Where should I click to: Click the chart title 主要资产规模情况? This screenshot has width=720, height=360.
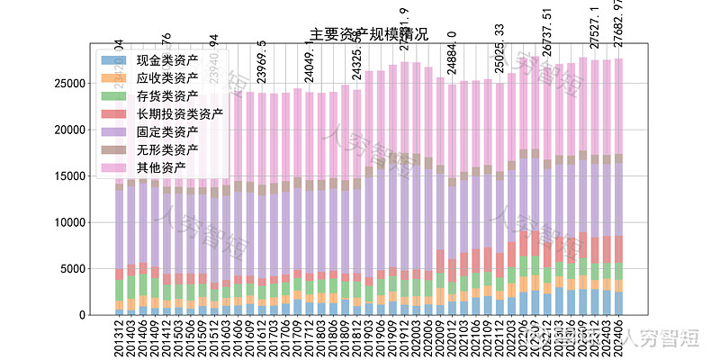pos(369,35)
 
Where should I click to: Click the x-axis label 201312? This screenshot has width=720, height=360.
pos(120,335)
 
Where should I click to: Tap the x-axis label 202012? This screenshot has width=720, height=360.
pos(452,335)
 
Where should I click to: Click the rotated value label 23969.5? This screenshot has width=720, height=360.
pos(262,61)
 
